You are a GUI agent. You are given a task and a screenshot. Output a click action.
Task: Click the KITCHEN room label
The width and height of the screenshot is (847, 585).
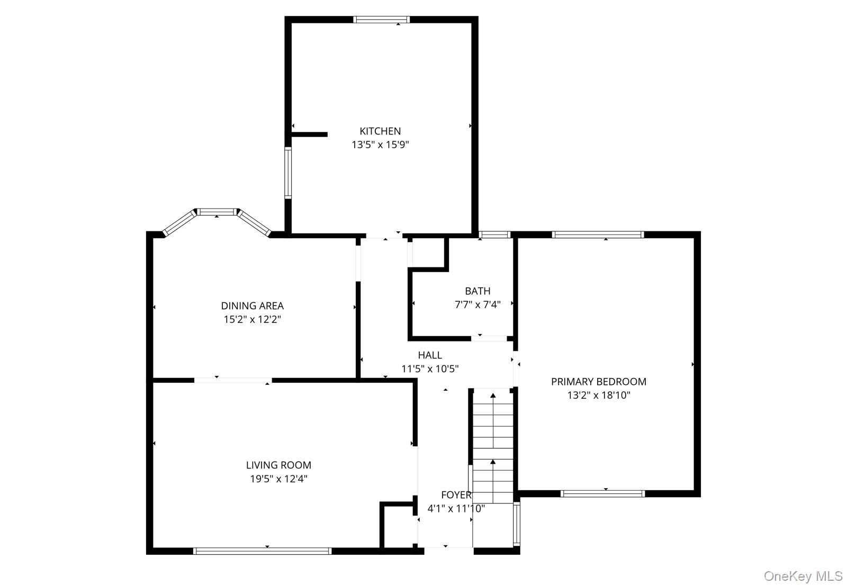[x=380, y=131]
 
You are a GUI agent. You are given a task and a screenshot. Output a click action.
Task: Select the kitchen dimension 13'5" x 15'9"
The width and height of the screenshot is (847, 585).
[x=380, y=145]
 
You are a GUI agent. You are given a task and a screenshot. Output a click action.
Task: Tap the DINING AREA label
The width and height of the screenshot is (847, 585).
[x=252, y=306]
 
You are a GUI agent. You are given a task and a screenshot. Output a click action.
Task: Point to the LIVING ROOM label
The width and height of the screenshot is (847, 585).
[x=278, y=465]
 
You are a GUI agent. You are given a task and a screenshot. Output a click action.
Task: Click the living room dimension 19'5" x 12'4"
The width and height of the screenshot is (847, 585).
[x=278, y=479]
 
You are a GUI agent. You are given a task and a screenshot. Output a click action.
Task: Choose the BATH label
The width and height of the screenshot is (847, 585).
[x=477, y=291]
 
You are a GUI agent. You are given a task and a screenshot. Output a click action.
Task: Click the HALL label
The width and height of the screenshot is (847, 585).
[x=430, y=355]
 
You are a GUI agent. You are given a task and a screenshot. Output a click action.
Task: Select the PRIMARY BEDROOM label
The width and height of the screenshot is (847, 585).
[x=598, y=382]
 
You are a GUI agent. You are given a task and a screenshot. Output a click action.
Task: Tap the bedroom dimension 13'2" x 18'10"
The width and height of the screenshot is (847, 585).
[x=598, y=395]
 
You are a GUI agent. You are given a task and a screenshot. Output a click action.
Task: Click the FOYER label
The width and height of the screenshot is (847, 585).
[x=456, y=495]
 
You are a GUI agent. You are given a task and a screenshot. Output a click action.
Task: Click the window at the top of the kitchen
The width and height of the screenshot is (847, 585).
[x=381, y=20]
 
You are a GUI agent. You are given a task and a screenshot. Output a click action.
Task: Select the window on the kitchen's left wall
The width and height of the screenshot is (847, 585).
[x=288, y=173]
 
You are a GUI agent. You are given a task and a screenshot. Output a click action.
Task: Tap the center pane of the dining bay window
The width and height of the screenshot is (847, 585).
[x=217, y=212]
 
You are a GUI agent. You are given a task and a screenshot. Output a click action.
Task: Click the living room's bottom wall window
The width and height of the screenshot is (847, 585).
[x=262, y=551]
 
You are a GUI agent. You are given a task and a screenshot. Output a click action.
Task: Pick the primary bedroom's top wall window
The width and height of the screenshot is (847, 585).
[x=598, y=235]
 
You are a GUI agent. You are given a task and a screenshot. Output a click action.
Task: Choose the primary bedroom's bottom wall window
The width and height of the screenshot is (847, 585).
[x=602, y=493]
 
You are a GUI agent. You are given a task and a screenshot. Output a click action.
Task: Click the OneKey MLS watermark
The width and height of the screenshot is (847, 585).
[x=803, y=575]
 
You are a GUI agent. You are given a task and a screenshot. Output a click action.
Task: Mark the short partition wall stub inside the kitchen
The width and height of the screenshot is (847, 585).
[x=309, y=134]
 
